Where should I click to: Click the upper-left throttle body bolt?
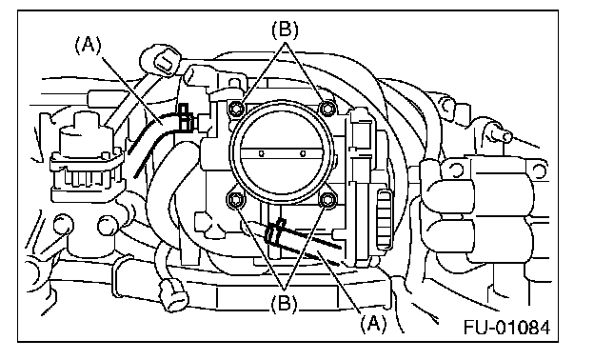(x=237, y=109)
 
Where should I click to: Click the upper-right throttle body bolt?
(x=327, y=109)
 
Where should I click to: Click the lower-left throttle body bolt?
(x=235, y=200)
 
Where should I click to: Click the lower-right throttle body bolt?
(x=327, y=200)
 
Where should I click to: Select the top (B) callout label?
(x=285, y=30)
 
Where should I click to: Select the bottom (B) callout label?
(x=285, y=303)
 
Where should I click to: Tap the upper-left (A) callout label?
(x=89, y=45)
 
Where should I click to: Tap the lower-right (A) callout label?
(x=374, y=324)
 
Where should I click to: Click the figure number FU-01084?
(x=506, y=328)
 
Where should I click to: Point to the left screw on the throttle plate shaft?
(x=261, y=153)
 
